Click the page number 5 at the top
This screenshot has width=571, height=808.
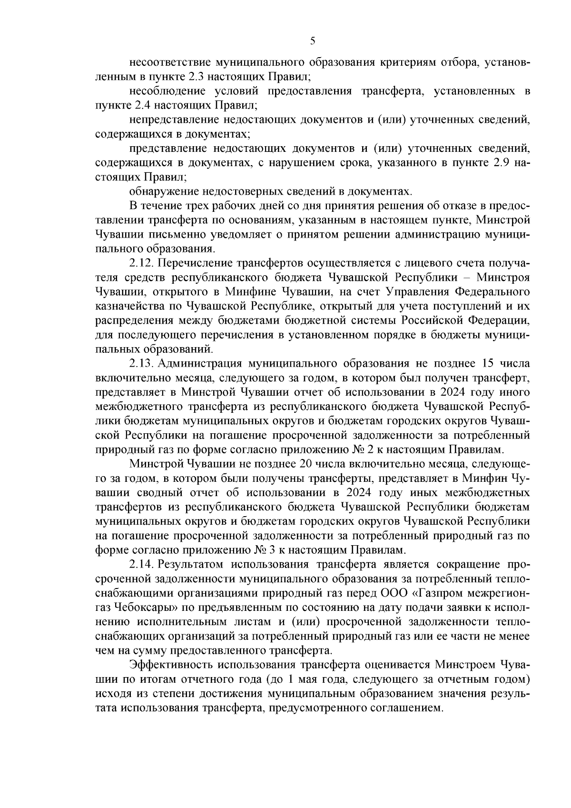click(x=312, y=41)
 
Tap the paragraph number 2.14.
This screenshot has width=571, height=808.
click(x=140, y=565)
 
